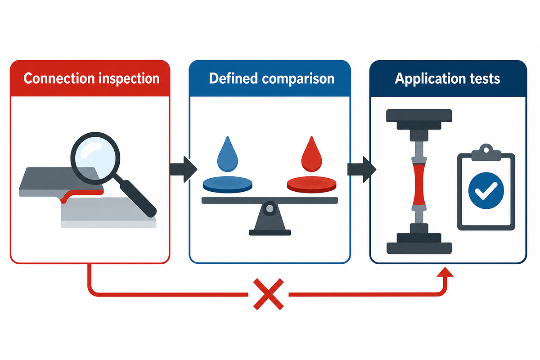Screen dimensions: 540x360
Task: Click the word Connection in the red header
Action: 59,78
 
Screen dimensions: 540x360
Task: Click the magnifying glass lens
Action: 95,158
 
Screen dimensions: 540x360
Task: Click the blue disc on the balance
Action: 228,184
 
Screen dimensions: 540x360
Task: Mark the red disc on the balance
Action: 311,184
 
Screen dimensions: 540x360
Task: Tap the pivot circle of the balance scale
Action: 270,208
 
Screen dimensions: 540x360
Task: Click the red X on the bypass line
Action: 268,294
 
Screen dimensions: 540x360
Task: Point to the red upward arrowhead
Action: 445,272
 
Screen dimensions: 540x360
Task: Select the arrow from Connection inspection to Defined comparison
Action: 184,169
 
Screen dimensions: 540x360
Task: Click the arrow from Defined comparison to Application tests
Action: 362,169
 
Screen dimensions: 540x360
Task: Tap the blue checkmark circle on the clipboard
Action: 486,190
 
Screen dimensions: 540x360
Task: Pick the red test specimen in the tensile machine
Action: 419,184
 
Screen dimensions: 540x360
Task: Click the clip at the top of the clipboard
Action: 486,153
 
